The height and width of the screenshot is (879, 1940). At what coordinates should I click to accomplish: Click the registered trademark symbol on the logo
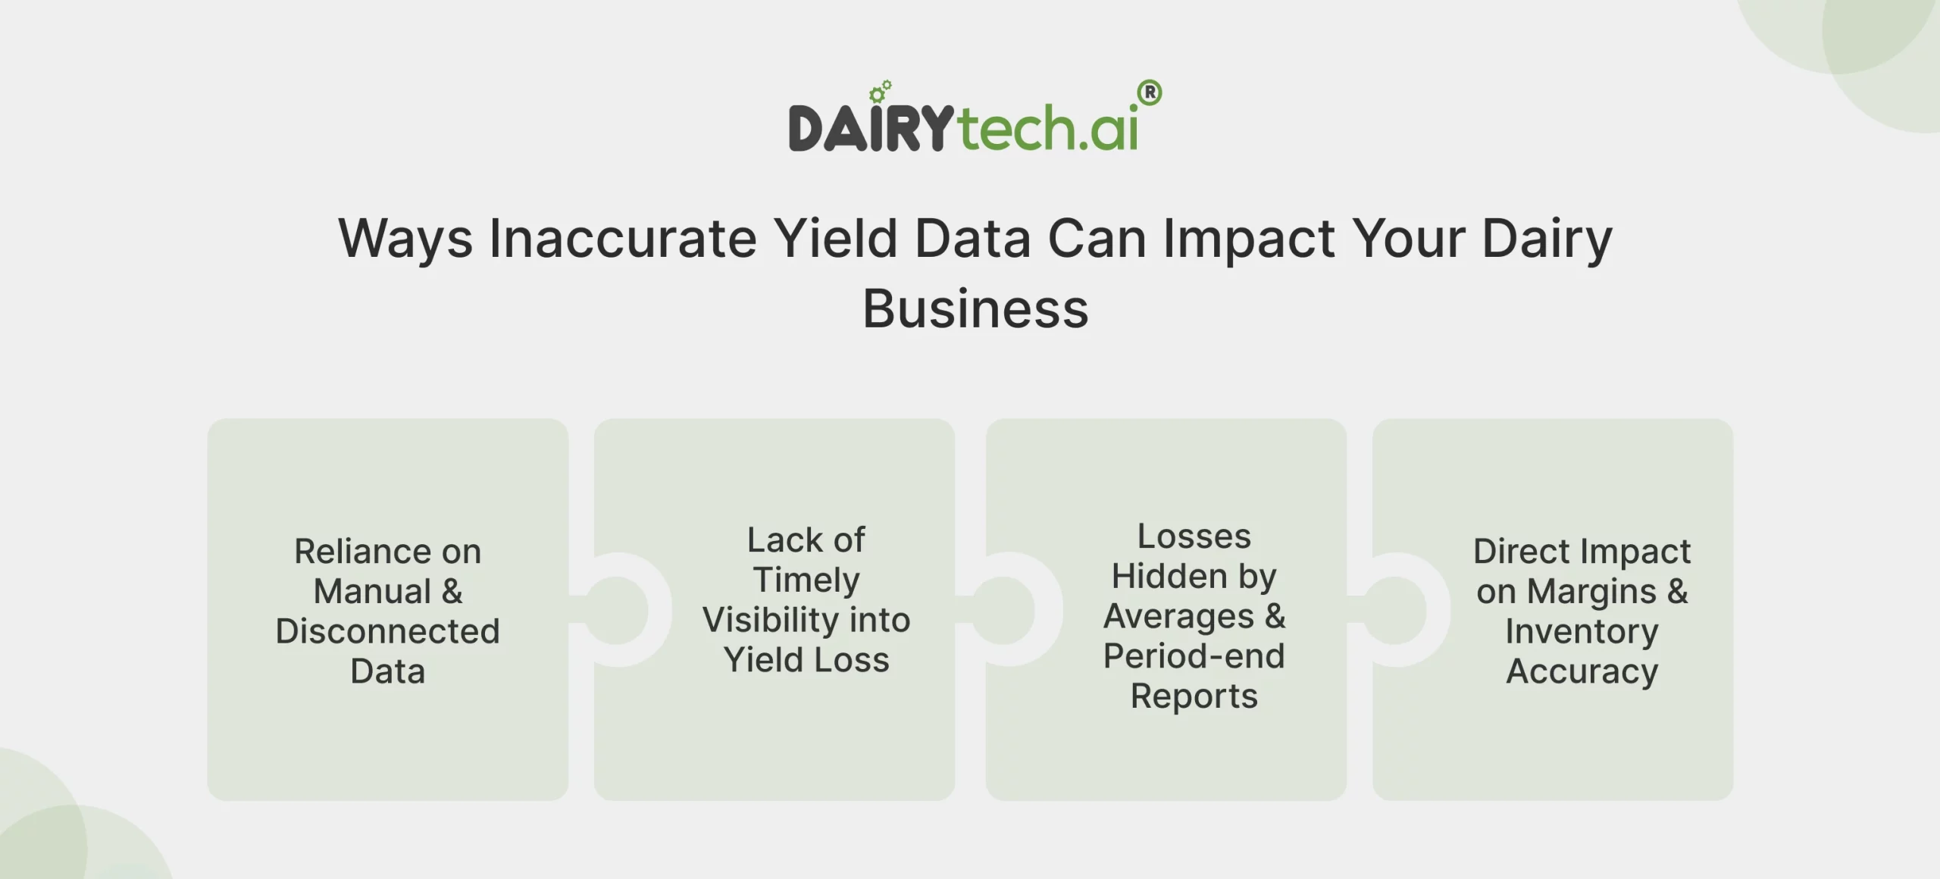point(1150,93)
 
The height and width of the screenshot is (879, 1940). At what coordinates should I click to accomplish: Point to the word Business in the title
point(975,309)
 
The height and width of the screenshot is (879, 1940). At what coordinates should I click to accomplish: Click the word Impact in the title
point(1249,239)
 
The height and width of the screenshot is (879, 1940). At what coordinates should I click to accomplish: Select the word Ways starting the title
point(405,239)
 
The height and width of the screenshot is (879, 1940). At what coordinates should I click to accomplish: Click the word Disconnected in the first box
point(387,631)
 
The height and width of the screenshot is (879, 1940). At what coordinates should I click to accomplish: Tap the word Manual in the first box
point(372,591)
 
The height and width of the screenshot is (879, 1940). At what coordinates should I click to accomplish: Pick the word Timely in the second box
point(806,580)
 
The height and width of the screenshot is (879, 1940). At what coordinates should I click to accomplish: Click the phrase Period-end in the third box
point(1194,656)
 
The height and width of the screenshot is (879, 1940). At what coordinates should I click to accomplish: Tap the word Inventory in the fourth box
point(1582,631)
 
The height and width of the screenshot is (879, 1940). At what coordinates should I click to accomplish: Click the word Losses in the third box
point(1194,536)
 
